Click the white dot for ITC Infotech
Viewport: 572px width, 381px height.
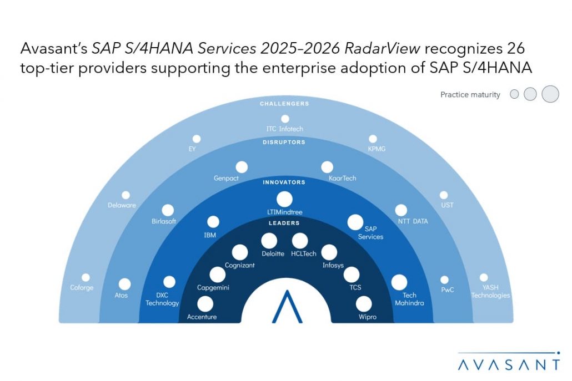click(285, 119)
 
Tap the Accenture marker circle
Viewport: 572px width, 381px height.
click(205, 304)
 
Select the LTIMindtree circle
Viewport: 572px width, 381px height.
click(284, 199)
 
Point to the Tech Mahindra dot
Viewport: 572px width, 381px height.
click(399, 282)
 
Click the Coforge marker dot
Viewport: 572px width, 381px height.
click(86, 277)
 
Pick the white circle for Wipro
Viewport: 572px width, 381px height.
click(364, 304)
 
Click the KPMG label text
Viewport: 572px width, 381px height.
click(377, 149)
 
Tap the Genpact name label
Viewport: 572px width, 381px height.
click(226, 178)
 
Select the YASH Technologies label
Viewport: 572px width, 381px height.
click(491, 291)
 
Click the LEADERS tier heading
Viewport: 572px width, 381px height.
click(284, 223)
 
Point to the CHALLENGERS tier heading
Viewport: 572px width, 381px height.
click(284, 104)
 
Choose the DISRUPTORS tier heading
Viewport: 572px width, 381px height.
click(284, 142)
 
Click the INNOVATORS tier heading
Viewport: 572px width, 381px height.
click(284, 182)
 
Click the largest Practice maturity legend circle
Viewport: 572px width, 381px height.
click(550, 94)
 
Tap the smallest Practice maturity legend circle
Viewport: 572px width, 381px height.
click(514, 94)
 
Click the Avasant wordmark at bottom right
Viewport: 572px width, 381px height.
click(509, 364)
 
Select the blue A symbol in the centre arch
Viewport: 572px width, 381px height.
click(287, 307)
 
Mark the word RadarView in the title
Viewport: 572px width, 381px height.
click(382, 48)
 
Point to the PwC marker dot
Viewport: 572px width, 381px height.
click(444, 280)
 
